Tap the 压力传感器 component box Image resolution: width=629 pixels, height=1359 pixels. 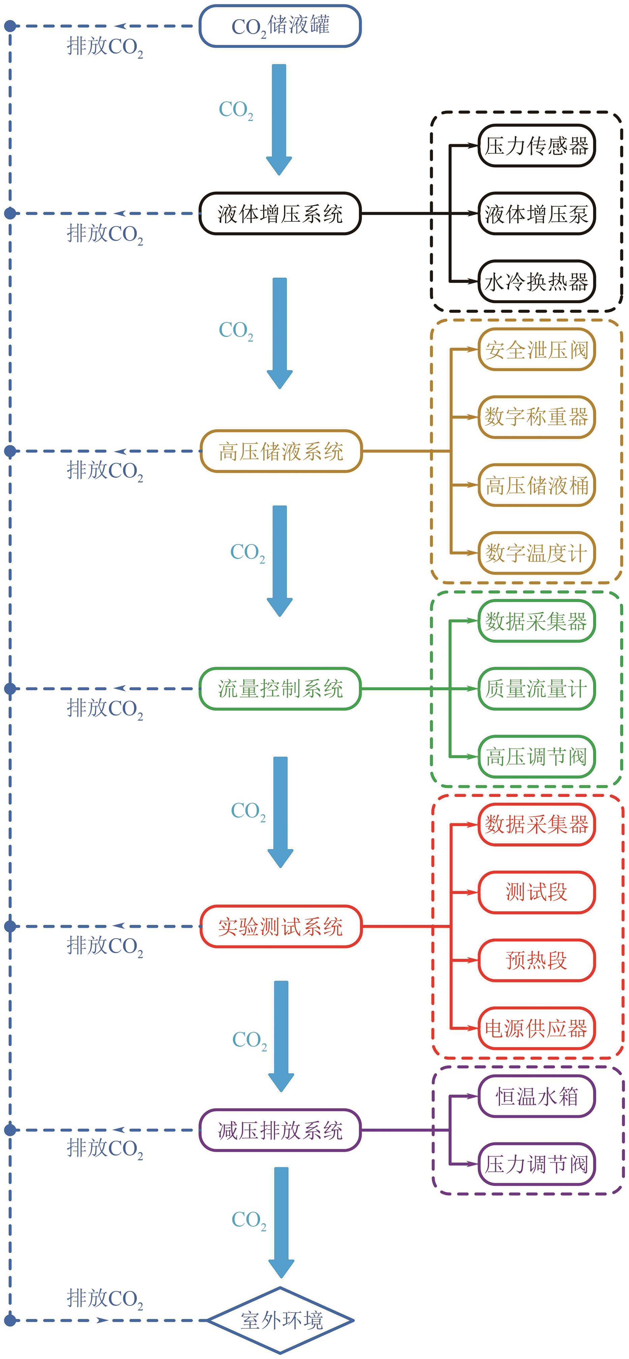(x=536, y=146)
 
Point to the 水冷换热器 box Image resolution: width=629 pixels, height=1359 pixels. (x=536, y=282)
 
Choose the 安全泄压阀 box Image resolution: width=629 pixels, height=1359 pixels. (x=536, y=349)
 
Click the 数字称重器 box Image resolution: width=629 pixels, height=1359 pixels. (x=536, y=417)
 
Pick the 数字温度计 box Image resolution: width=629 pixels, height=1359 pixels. (x=536, y=553)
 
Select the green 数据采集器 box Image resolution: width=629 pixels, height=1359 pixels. (x=536, y=621)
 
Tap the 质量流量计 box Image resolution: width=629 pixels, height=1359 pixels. (x=536, y=689)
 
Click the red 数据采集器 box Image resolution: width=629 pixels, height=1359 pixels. (x=536, y=824)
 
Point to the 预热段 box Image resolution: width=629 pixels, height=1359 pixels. (x=536, y=960)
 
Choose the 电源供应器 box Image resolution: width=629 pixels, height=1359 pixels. (x=536, y=1028)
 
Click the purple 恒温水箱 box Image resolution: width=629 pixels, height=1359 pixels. (x=536, y=1096)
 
